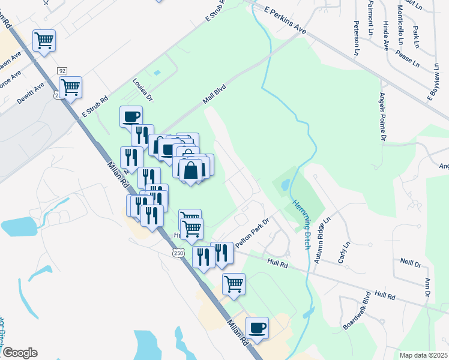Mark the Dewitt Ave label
pyautogui.click(x=31, y=94)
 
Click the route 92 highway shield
pyautogui.click(x=62, y=70)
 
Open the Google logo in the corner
pyautogui.click(x=20, y=353)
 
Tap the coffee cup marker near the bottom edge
pyautogui.click(x=257, y=328)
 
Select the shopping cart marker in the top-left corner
pyautogui.click(x=44, y=41)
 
